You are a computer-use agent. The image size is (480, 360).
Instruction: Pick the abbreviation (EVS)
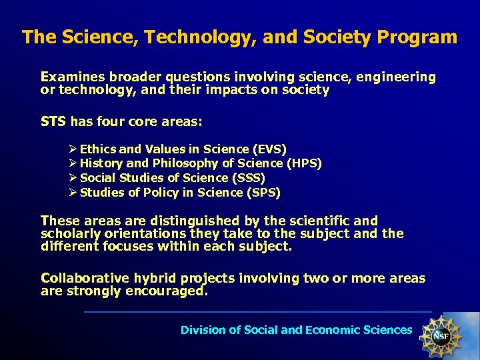click(270, 149)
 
